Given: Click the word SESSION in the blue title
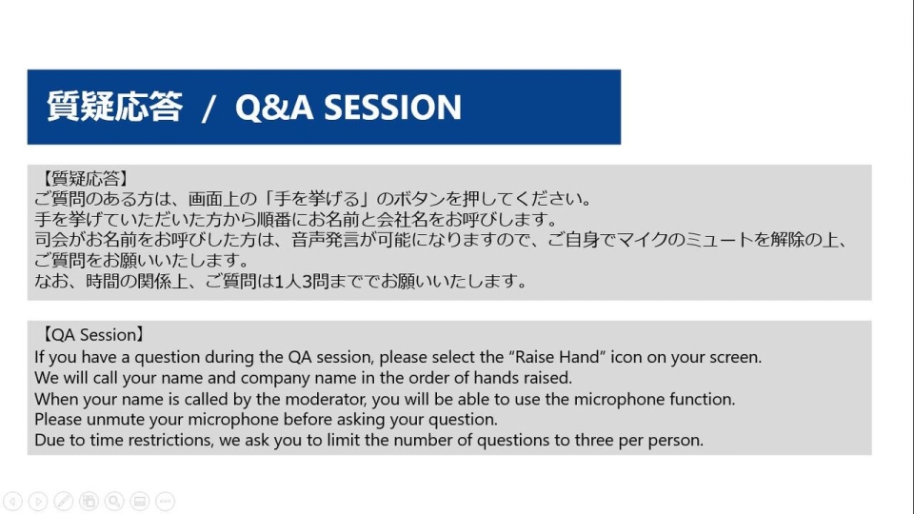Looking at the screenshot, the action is (392, 108).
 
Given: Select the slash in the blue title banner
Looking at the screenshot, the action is (209, 109).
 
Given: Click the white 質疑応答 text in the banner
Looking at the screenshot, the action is (115, 106).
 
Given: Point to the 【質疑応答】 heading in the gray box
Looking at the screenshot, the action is (85, 178).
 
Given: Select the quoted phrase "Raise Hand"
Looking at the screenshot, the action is (557, 357).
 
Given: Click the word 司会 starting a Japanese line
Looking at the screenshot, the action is (51, 240).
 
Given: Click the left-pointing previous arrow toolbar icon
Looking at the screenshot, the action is (12, 502).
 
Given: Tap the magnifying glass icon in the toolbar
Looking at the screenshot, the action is (114, 502).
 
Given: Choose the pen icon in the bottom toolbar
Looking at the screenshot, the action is (64, 502).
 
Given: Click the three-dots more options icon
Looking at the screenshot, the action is (165, 502).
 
